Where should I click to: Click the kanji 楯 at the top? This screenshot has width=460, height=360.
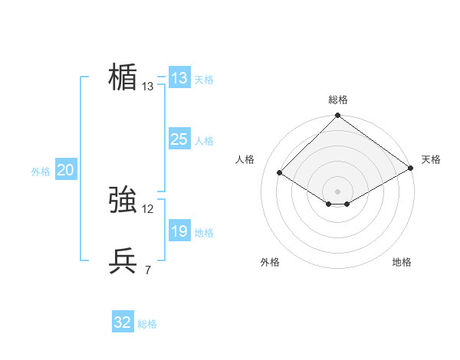coord(123,77)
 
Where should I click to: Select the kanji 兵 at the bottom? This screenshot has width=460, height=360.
coord(123,261)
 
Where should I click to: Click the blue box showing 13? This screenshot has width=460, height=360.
coord(179,78)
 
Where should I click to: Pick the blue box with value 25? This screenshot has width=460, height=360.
coord(179,139)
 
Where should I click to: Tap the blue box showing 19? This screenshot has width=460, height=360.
coord(179,231)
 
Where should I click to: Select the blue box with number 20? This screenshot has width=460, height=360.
coord(65,171)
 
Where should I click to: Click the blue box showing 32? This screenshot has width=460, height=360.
coord(123,322)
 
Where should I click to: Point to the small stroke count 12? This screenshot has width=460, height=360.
coord(148,209)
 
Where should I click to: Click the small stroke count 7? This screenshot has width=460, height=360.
coord(147,270)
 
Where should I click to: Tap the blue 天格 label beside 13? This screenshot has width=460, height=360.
coord(203,80)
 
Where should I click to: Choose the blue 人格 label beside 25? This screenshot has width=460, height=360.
coord(203,141)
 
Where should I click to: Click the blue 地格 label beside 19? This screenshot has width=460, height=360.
coord(203,233)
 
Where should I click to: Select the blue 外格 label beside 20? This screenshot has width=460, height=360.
coord(41,172)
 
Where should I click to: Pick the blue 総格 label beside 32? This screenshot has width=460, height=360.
coord(147,324)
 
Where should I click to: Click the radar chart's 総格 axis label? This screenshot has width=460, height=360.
coord(338,100)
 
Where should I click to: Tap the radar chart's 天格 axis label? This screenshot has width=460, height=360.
coord(431,159)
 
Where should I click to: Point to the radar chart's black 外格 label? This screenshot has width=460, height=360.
coord(270,262)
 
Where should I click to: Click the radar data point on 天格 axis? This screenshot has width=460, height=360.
coord(411,168)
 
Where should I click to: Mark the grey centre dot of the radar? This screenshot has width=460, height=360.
coord(338,191)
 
